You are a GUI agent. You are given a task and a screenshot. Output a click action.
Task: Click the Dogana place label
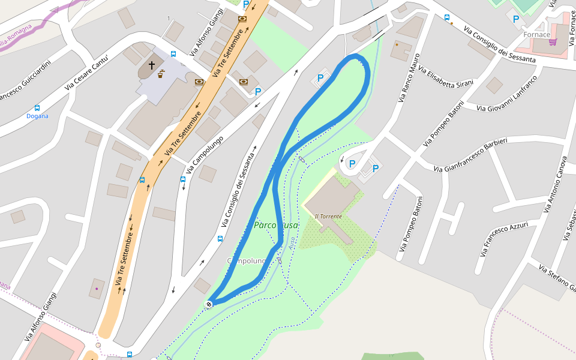tap(37, 116)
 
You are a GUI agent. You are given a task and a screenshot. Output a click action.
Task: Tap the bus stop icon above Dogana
tap(37, 108)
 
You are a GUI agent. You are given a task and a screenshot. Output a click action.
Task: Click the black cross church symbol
tap(152, 65)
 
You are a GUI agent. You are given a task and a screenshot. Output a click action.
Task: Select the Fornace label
tap(536, 34)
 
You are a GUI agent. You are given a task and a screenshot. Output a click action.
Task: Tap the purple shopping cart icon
tap(553, 41)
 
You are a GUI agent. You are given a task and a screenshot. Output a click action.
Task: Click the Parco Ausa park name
tap(275, 225)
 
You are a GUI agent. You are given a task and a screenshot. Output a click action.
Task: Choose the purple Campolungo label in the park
tap(246, 260)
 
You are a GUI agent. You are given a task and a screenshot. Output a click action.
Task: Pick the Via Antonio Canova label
tap(555, 185)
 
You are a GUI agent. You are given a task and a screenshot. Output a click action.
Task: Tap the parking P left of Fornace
tap(516, 19)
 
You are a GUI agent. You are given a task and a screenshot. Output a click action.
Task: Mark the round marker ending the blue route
tap(209, 304)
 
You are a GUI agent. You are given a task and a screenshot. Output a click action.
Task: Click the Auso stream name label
tap(292, 243)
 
